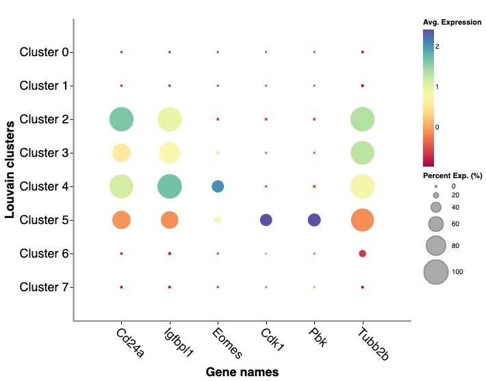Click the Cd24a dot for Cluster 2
click(x=121, y=119)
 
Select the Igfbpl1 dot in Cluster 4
click(x=169, y=186)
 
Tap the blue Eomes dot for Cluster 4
click(x=218, y=186)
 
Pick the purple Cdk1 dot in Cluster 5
click(x=266, y=220)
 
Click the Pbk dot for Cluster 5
click(x=314, y=220)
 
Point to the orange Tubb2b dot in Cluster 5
click(x=362, y=220)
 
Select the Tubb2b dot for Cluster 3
click(x=362, y=153)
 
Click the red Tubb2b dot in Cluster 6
click(x=362, y=254)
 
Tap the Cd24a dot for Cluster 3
click(x=121, y=153)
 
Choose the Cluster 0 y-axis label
click(x=42, y=52)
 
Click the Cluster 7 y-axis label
click(x=42, y=287)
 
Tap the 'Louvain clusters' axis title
click(x=10, y=169)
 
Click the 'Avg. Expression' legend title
click(x=452, y=23)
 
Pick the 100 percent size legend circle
click(x=436, y=272)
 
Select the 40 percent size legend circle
click(x=436, y=207)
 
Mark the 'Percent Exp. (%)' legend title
click(x=452, y=176)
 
